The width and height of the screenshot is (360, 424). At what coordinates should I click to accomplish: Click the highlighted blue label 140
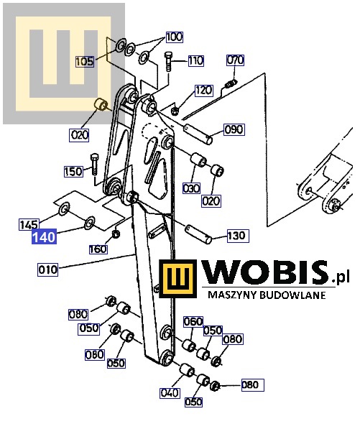44,236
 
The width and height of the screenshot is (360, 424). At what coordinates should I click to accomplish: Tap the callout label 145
29,224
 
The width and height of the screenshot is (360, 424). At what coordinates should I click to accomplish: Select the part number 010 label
48,269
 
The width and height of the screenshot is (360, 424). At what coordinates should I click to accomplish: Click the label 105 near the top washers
85,61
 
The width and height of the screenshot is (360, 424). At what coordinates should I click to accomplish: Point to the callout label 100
174,37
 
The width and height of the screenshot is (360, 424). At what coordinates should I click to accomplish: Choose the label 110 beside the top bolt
196,60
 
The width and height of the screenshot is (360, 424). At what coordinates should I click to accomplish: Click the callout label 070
235,60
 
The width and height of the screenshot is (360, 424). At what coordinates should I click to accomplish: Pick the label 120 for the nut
203,91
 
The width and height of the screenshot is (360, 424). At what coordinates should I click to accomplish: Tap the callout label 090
234,129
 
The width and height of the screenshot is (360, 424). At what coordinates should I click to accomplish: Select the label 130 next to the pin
236,236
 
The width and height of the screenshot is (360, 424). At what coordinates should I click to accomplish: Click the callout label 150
73,172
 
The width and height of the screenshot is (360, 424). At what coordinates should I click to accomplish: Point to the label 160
98,249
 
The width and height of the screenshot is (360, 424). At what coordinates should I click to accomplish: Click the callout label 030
191,188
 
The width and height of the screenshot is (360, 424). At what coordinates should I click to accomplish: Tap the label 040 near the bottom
170,393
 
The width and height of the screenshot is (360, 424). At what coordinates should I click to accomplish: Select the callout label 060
193,322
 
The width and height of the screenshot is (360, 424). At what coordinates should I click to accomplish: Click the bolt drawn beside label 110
168,61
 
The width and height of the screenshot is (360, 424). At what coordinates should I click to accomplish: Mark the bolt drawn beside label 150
94,164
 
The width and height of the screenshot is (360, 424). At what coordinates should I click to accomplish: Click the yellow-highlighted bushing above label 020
101,104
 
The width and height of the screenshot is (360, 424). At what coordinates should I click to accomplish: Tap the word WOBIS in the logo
266,272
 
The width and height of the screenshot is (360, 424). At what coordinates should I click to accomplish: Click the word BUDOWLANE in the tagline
292,295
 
